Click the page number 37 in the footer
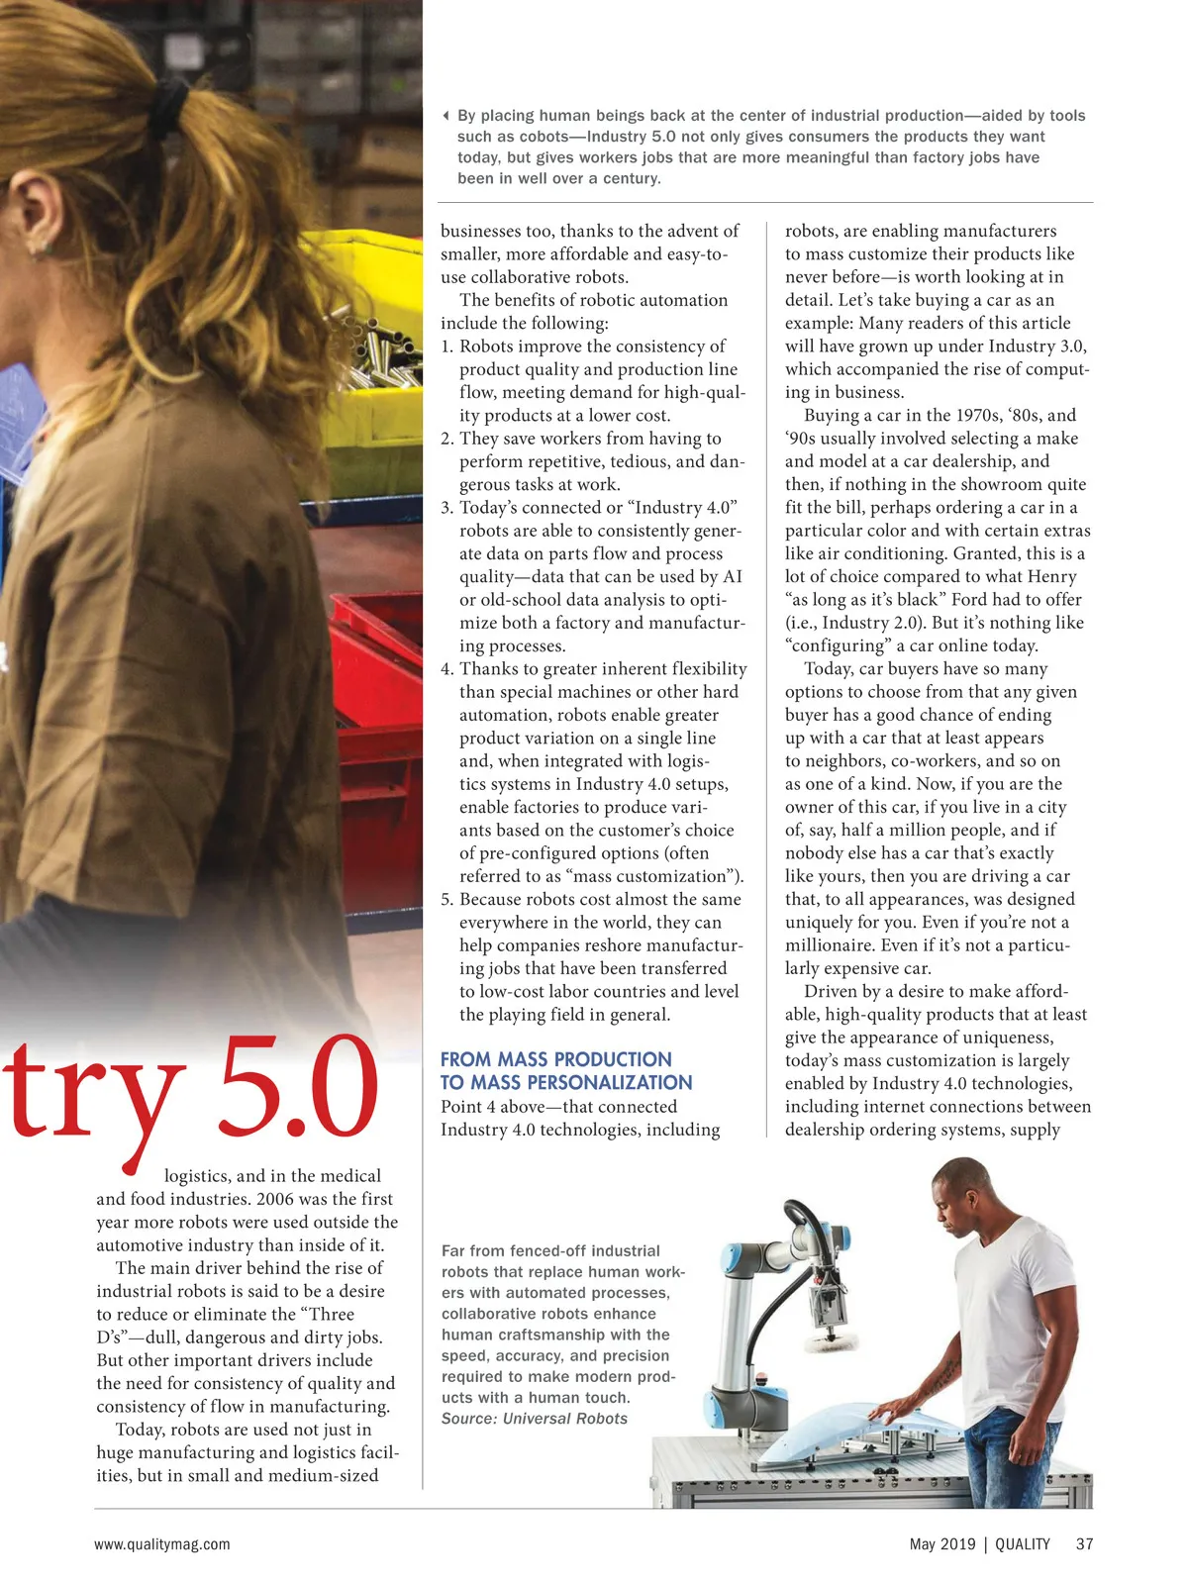[x=1084, y=1543]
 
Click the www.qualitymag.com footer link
[x=162, y=1543]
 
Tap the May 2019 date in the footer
[x=941, y=1543]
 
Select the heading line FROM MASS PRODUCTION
[x=555, y=1059]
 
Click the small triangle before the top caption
[x=446, y=116]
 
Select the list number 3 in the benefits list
[x=446, y=508]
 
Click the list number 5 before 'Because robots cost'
[x=446, y=899]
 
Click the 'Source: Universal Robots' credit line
[x=535, y=1419]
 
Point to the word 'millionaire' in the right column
[x=829, y=945]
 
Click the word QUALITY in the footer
[x=1023, y=1543]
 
